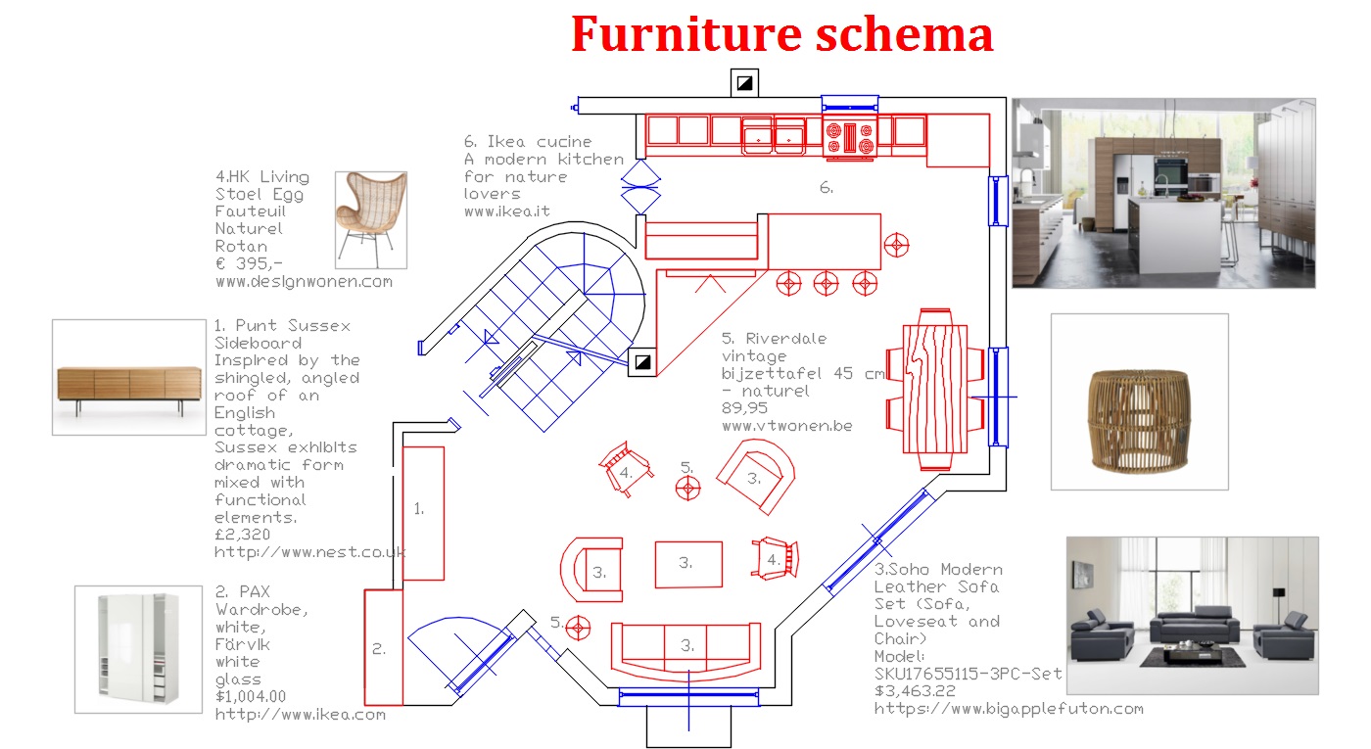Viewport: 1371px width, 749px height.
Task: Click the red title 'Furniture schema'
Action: click(x=781, y=35)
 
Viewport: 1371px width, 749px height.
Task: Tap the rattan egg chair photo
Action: click(x=370, y=219)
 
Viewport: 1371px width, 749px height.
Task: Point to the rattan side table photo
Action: click(x=1139, y=401)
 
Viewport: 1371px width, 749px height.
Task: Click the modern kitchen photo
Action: click(x=1162, y=193)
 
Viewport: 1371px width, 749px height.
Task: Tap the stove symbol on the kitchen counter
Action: click(x=848, y=136)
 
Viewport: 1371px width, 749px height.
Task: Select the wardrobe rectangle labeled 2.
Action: click(x=383, y=647)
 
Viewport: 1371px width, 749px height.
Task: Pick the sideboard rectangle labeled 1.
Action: click(x=423, y=513)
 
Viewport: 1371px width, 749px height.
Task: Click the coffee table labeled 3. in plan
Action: click(x=687, y=564)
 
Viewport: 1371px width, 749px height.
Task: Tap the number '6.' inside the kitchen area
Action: click(x=827, y=188)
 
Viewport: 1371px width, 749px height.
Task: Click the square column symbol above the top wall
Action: click(x=744, y=83)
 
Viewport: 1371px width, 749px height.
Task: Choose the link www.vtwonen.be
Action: click(x=786, y=426)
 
